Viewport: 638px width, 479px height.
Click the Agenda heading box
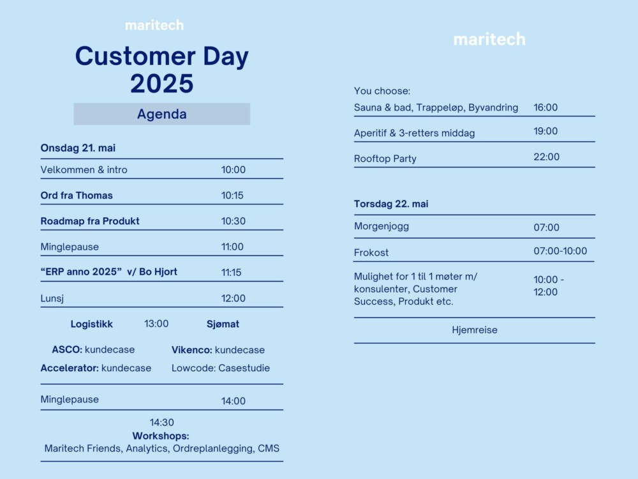point(162,114)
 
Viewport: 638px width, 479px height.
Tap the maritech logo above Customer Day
point(154,26)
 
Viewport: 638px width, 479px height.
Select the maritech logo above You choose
point(489,39)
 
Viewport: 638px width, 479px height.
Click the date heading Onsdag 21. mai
point(78,148)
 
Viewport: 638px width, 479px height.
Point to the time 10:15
point(232,195)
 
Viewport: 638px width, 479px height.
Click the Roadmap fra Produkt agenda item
point(90,221)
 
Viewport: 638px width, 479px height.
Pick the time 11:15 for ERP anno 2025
point(231,273)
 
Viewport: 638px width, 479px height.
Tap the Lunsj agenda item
point(52,298)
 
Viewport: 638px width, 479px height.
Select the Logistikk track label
point(91,324)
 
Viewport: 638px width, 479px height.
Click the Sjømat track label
point(223,324)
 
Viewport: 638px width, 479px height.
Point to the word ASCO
point(67,350)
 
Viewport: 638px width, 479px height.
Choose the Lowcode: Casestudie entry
point(221,369)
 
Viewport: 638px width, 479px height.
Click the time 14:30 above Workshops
point(161,422)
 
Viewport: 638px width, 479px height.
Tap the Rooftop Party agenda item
point(385,158)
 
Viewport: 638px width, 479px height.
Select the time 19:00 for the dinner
point(545,131)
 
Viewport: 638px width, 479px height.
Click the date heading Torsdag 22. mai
point(391,204)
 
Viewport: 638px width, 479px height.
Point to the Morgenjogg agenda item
point(382,227)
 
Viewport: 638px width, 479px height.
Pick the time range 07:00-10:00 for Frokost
point(560,251)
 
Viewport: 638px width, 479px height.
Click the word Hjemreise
point(475,330)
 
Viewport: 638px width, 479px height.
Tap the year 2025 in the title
point(162,84)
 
